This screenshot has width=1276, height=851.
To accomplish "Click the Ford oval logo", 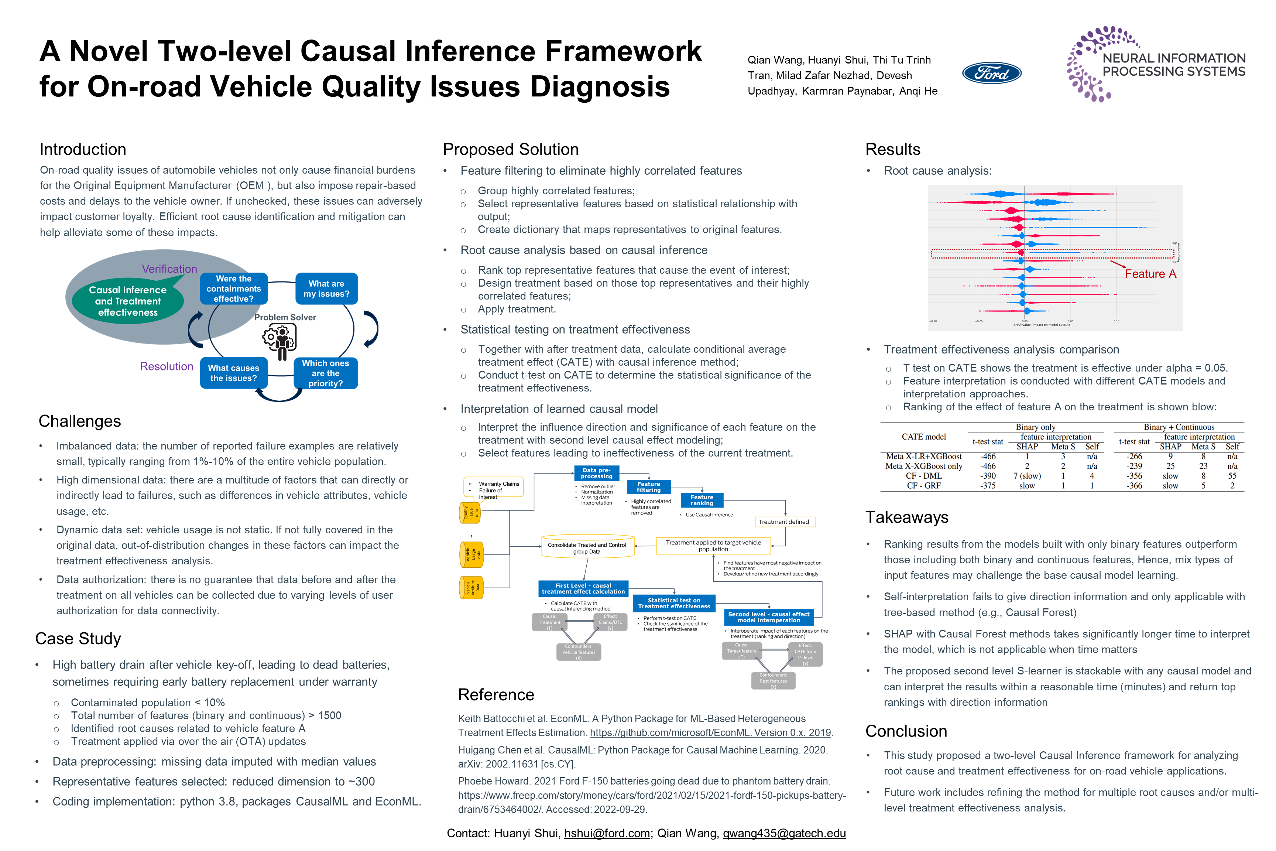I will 991,73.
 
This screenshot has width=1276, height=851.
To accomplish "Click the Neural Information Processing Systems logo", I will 1156,64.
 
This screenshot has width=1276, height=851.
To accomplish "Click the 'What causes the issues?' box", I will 233,373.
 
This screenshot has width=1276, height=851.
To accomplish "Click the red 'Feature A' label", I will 1150,274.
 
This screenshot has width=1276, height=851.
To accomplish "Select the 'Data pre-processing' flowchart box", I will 596,473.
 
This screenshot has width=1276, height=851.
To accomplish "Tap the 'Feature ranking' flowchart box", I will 702,500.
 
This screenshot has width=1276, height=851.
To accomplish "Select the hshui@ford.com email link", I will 607,834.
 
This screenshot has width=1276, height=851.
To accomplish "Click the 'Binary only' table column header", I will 1035,427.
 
